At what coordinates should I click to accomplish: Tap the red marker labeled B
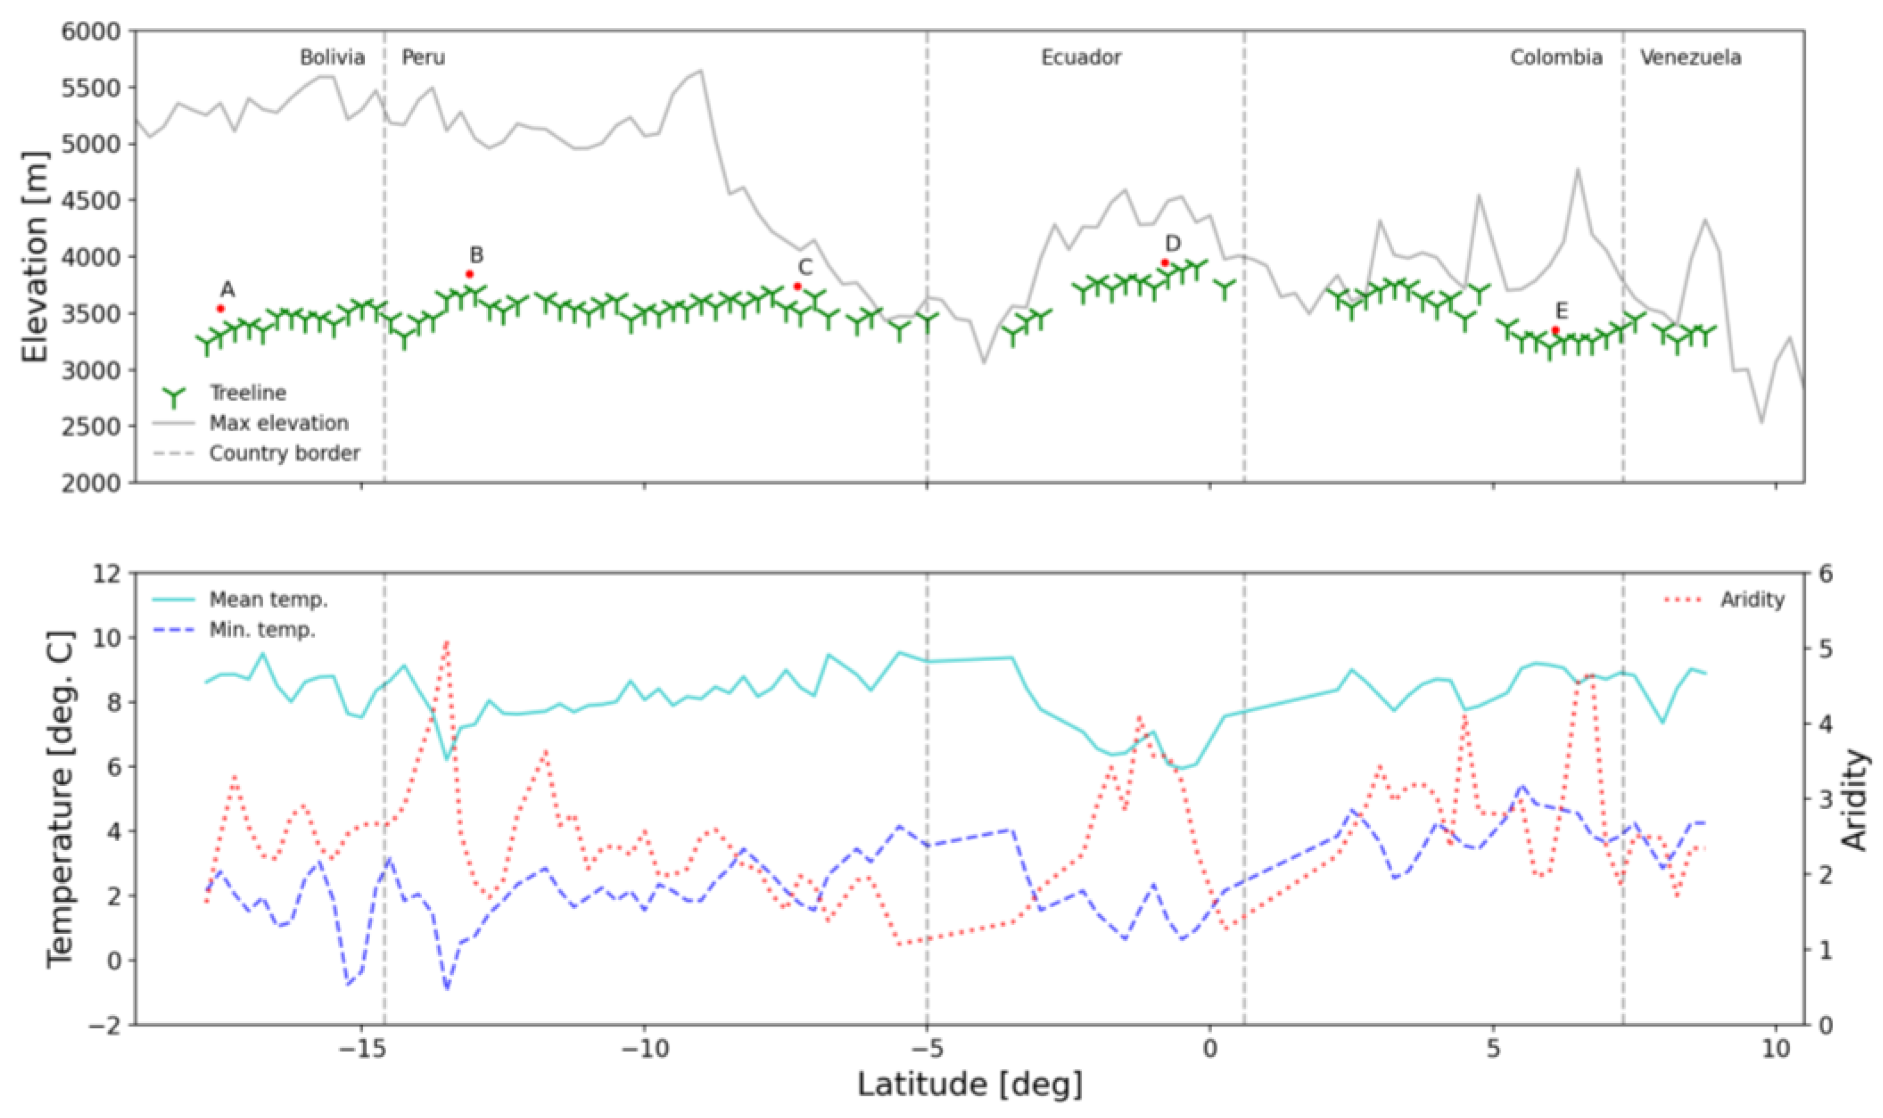(x=469, y=274)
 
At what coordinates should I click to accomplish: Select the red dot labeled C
(x=797, y=286)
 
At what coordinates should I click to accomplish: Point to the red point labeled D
(x=1165, y=263)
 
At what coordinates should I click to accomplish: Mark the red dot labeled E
(x=1555, y=330)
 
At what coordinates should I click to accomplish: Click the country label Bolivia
(x=332, y=57)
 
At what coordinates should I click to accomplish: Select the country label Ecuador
(x=1080, y=57)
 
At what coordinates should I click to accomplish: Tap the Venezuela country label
(x=1691, y=57)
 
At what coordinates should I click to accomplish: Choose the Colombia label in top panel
(x=1556, y=57)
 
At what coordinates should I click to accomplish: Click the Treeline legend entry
(x=247, y=393)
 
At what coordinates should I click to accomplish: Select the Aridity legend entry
(x=1752, y=599)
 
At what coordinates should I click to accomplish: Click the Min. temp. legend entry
(x=261, y=630)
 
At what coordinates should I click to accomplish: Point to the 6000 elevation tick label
(x=91, y=31)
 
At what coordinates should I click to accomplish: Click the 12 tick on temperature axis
(x=106, y=574)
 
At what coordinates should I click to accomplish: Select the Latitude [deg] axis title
(x=970, y=1085)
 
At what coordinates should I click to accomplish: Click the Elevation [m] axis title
(x=34, y=256)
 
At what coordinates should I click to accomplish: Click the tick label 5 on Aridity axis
(x=1827, y=649)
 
